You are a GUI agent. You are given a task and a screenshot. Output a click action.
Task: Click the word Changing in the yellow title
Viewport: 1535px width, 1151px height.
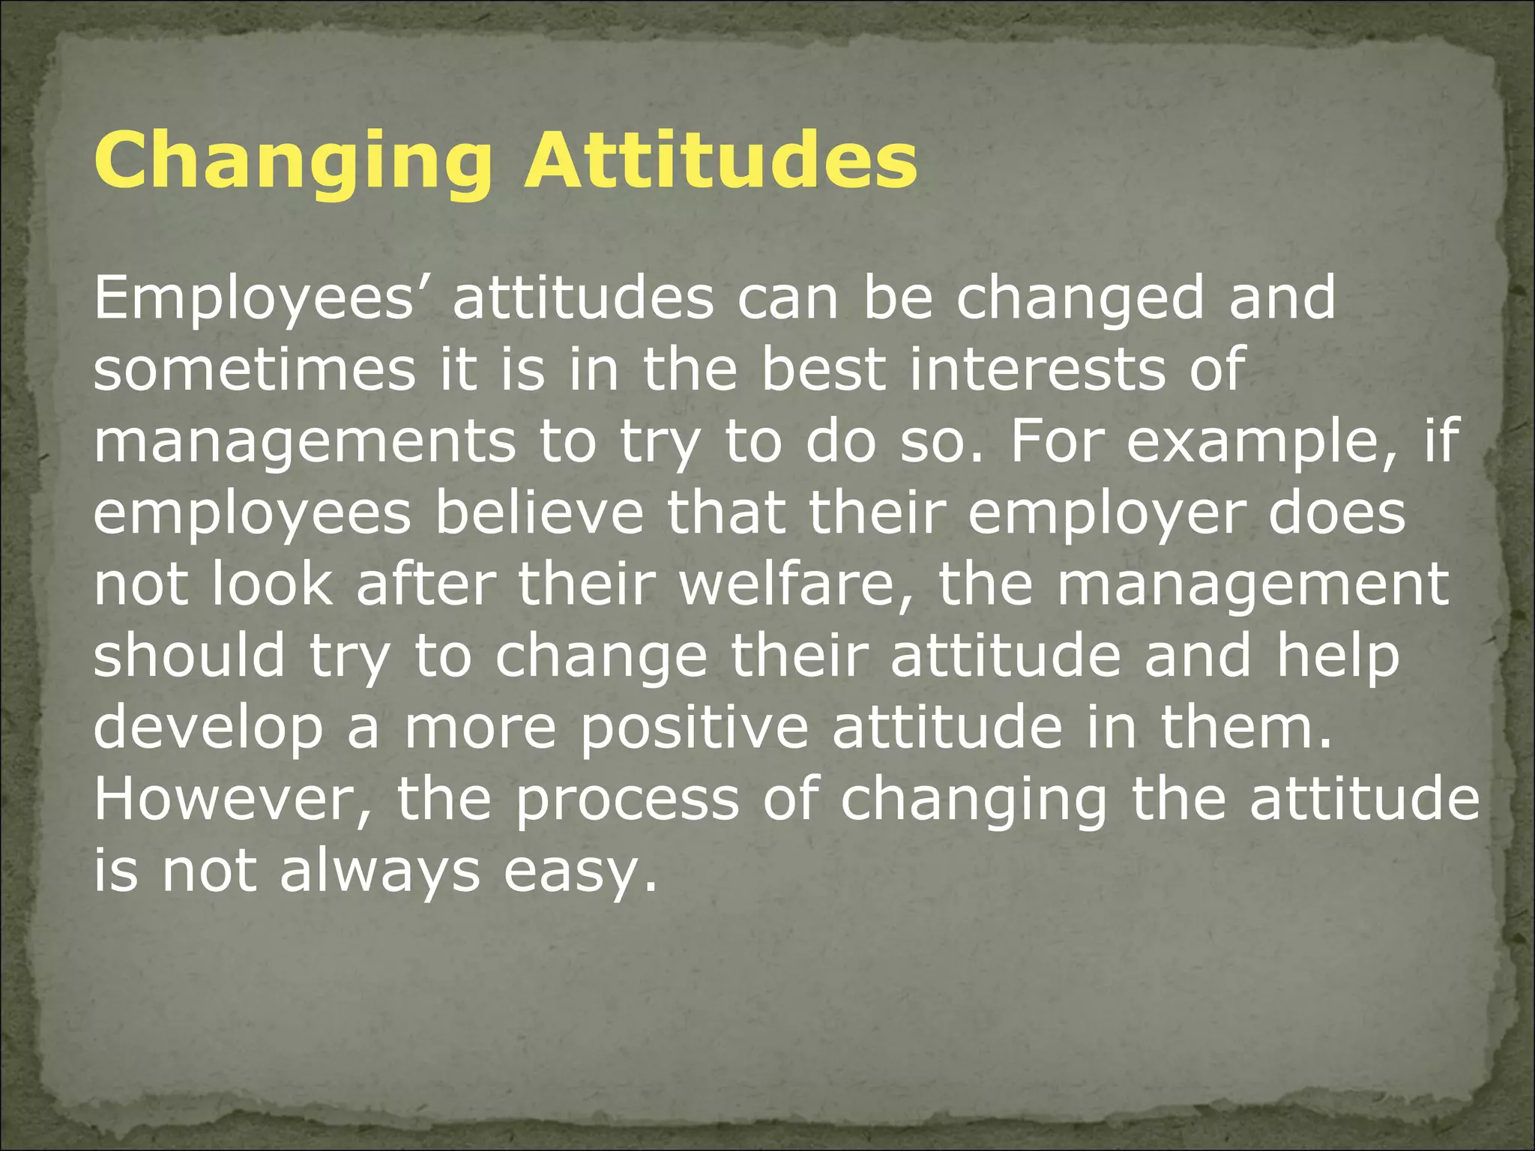[x=292, y=161]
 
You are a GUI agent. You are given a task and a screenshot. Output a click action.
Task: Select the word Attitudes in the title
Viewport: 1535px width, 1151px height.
[x=720, y=161]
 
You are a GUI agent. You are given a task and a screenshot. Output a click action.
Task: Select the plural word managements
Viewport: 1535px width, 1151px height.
[x=304, y=441]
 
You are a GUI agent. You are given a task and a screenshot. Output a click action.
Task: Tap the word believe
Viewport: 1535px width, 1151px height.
[x=540, y=513]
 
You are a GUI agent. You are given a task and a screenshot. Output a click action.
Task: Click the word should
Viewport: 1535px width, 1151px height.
[x=189, y=656]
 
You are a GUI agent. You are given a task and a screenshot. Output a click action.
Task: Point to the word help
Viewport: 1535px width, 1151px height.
[x=1338, y=656]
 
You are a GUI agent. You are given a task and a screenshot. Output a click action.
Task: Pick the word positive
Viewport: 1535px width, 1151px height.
[x=694, y=728]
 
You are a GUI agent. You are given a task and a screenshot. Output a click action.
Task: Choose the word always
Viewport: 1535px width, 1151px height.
[x=379, y=871]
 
